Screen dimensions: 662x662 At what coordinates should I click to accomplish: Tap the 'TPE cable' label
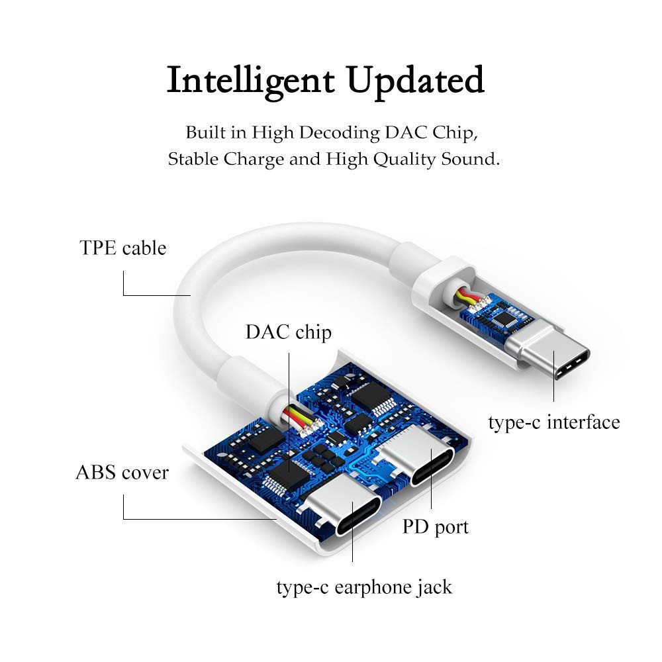(x=123, y=248)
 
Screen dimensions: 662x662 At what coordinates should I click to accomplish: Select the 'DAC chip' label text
(x=289, y=332)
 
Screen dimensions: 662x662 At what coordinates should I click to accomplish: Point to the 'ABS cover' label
(x=122, y=473)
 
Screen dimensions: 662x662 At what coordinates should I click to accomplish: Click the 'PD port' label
(x=436, y=528)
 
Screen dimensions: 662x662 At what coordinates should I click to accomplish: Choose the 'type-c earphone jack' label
(x=364, y=587)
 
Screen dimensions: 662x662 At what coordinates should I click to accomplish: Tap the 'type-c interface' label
(x=554, y=422)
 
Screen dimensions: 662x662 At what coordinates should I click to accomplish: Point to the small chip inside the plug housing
(x=504, y=317)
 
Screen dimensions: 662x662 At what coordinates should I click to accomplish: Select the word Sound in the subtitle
(x=471, y=159)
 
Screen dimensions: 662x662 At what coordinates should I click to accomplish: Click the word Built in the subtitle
(x=199, y=132)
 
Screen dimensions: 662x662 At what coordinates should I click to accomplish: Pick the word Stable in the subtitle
(x=193, y=159)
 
